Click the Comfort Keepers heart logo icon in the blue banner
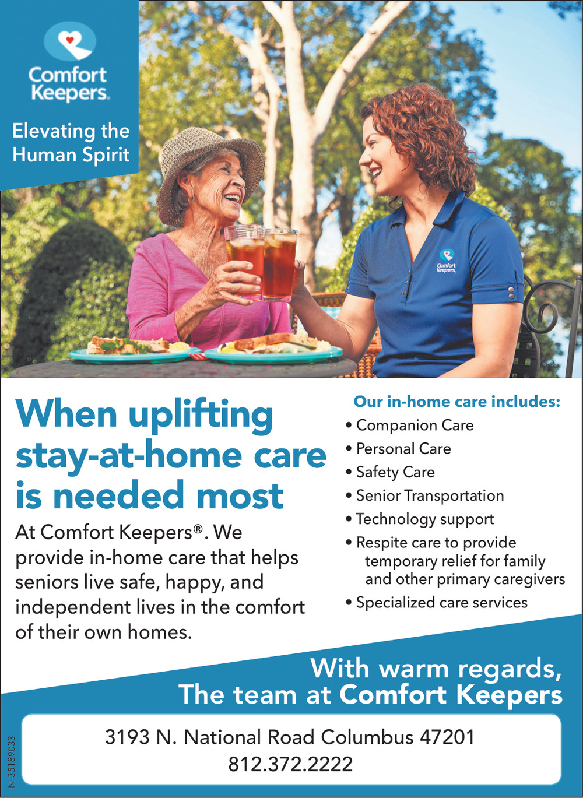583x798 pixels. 70,41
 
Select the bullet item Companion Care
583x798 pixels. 410,426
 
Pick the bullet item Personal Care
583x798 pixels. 398,449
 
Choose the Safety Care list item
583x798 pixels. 391,472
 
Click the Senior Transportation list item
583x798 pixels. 425,496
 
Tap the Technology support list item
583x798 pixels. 420,519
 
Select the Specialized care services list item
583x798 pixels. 437,603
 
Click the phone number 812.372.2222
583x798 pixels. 290,765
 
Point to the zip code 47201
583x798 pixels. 447,737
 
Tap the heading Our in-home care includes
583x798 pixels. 457,402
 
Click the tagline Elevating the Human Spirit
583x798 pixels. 71,143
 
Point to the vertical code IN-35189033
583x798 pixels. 12,762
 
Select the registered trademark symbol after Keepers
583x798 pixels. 198,528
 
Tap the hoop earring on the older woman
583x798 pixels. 191,198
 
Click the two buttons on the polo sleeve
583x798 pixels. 511,293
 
